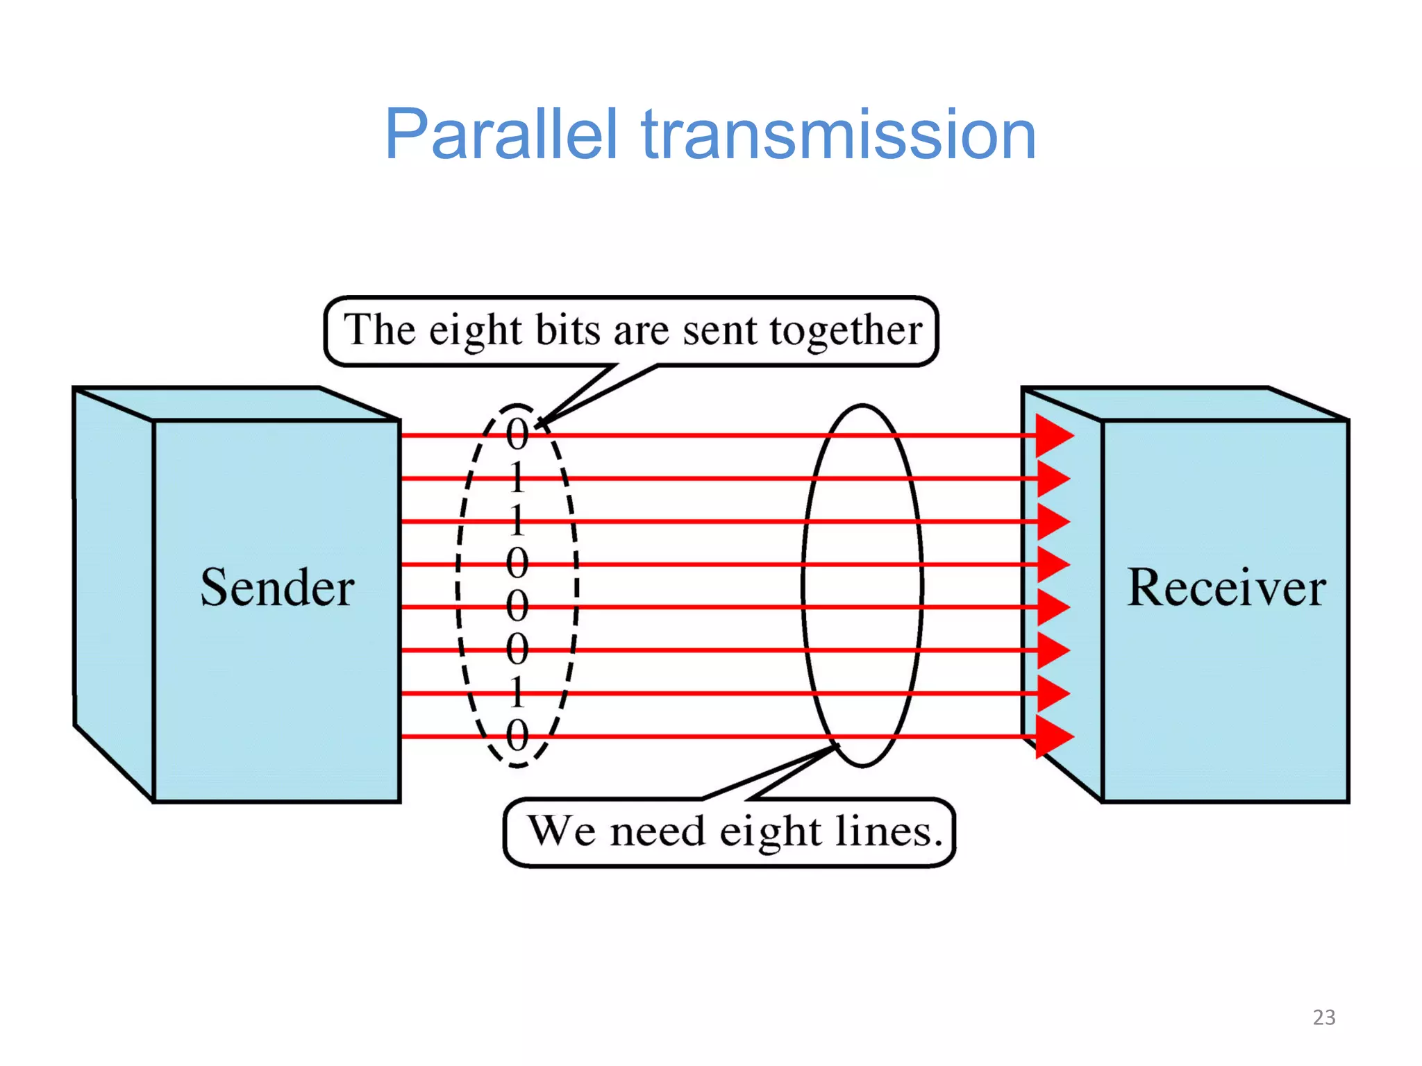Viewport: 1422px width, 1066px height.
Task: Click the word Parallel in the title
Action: coord(500,135)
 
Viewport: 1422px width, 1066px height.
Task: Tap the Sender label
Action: coord(277,588)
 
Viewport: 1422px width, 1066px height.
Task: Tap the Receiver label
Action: coord(1226,588)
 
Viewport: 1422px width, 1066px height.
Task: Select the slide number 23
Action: coord(1323,1017)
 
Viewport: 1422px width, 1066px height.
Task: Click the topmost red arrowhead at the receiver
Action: coord(1053,436)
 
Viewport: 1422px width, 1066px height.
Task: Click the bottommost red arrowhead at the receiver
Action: coord(1053,736)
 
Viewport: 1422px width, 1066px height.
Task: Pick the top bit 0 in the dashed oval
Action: coord(517,434)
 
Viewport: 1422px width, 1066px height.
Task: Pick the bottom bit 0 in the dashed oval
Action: coord(517,735)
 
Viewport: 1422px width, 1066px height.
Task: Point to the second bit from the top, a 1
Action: coord(517,477)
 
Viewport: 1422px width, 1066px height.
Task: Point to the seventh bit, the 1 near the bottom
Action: coord(517,692)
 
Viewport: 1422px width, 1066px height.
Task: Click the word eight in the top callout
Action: coord(474,331)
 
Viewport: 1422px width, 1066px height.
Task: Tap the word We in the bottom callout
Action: coord(561,831)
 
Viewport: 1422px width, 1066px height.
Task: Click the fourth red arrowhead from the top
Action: coord(1053,564)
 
